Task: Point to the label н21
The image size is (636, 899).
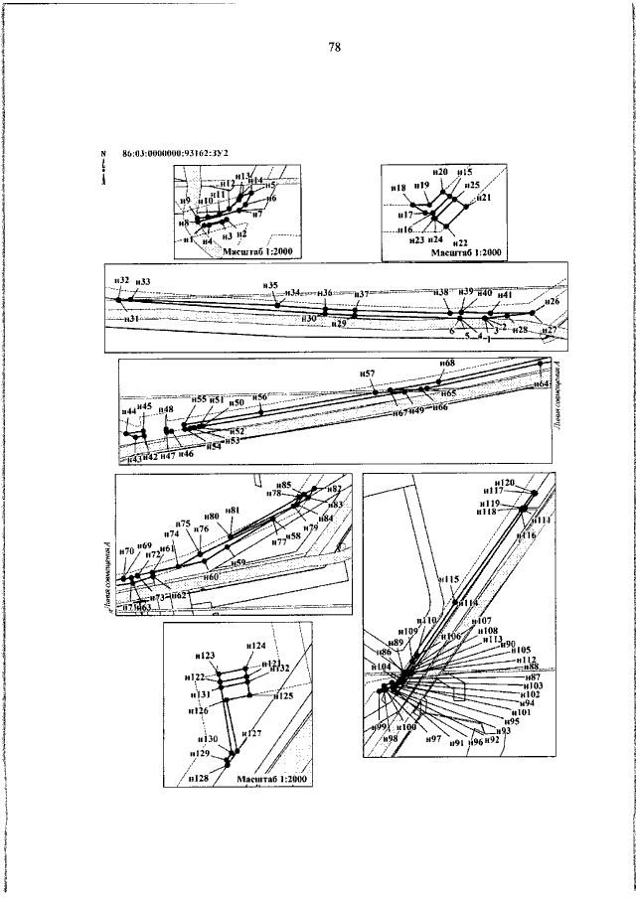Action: pyautogui.click(x=485, y=199)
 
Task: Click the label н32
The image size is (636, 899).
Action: pyautogui.click(x=122, y=281)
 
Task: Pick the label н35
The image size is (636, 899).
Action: pyautogui.click(x=271, y=285)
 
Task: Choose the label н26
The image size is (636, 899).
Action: pyautogui.click(x=553, y=301)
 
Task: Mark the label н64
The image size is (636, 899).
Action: pyautogui.click(x=542, y=382)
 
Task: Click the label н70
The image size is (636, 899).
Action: pyautogui.click(x=125, y=551)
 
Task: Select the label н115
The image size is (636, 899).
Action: pyautogui.click(x=448, y=579)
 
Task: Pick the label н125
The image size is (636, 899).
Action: pyautogui.click(x=284, y=696)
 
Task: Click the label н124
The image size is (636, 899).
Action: pyautogui.click(x=256, y=646)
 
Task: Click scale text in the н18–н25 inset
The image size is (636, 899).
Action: pyautogui.click(x=465, y=253)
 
